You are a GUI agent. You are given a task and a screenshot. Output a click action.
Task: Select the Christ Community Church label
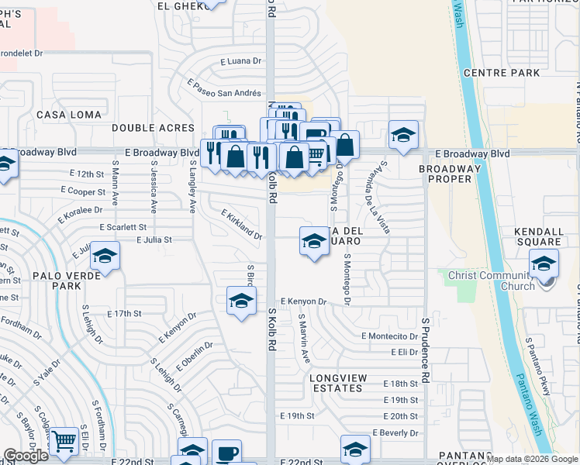(495, 281)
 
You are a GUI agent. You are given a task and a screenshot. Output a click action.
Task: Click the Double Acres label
(153, 127)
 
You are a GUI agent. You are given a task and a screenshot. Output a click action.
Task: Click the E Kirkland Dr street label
(241, 224)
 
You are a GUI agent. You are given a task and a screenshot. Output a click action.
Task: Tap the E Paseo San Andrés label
(224, 88)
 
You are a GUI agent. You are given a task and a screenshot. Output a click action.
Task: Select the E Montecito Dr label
(389, 336)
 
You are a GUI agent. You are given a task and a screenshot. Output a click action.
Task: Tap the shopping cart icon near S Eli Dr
(65, 441)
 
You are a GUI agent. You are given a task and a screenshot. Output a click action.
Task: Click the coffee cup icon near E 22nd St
(226, 453)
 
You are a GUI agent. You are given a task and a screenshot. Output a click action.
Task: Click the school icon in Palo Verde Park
(105, 256)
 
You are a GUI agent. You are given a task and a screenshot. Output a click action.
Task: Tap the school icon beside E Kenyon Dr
(241, 300)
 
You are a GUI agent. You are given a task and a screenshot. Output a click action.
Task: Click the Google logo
(26, 456)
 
